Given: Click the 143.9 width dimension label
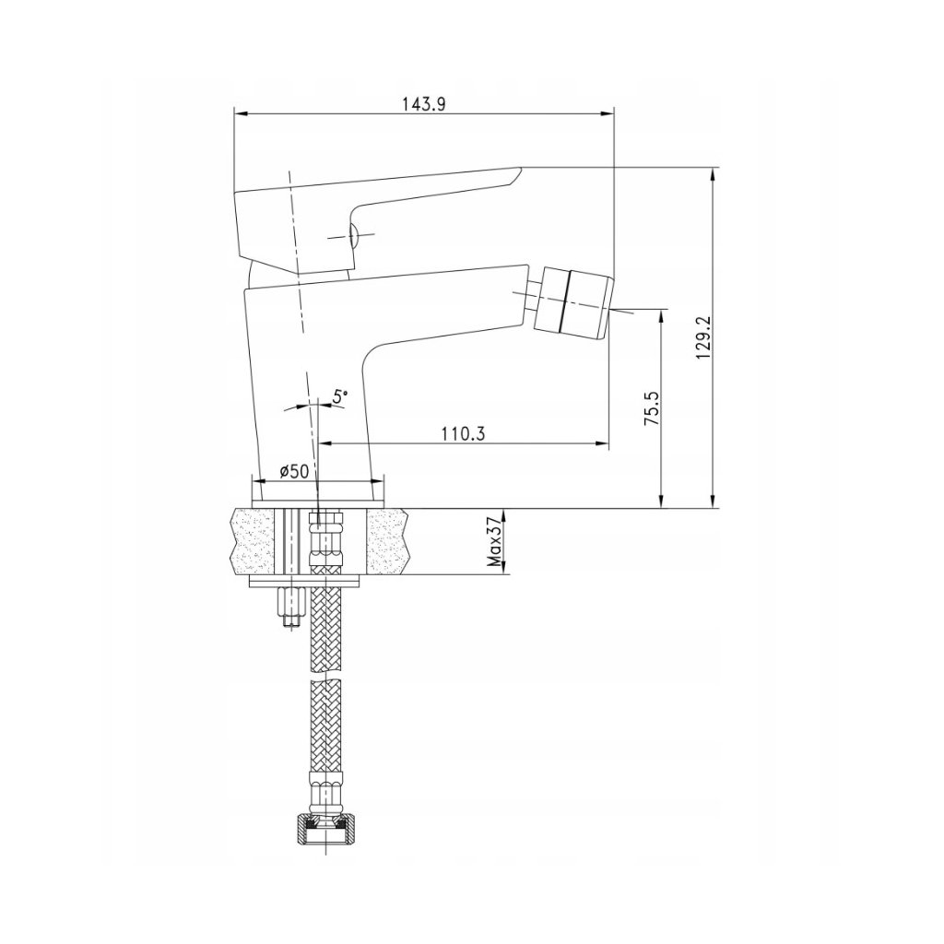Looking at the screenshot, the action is coord(423,103).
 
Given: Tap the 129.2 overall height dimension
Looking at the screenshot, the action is coord(702,337).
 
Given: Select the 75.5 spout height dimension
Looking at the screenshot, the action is coord(652,408).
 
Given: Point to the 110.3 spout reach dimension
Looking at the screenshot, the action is coord(463,433).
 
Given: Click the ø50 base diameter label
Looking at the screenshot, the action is coord(294,471).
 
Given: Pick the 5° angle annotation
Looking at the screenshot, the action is coord(341,395).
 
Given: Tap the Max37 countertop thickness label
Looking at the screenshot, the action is coord(495,540).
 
